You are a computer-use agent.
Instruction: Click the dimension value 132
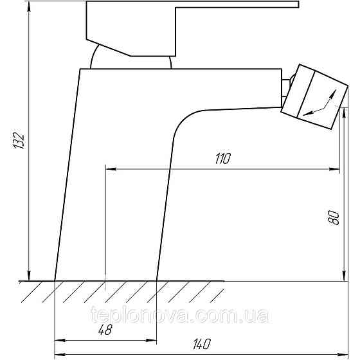click(19, 140)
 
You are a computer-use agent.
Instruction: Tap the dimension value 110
click(222, 158)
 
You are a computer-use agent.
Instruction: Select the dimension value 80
click(334, 218)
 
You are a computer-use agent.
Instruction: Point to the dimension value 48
click(105, 329)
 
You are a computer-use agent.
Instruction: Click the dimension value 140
click(202, 344)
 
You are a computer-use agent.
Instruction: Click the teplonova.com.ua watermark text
click(180, 316)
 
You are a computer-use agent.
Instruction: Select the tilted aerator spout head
click(314, 96)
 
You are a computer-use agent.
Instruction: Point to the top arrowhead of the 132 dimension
click(29, 6)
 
